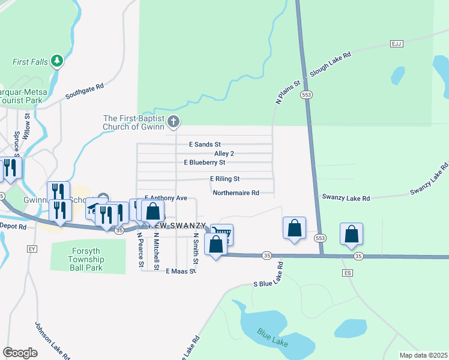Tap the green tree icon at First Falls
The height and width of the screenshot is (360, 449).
[x=57, y=60]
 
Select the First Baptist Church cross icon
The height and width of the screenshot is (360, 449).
[x=173, y=122]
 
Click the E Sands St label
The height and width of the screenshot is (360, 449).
[x=205, y=145]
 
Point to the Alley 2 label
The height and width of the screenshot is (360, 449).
[x=224, y=154]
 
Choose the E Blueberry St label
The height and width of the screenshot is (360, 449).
[x=205, y=163]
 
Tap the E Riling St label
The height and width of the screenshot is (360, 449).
[x=224, y=179]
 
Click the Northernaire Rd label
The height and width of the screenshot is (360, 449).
[x=236, y=193]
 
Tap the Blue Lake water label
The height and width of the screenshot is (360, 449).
[x=273, y=337]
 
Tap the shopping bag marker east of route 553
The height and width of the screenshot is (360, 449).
[x=351, y=234]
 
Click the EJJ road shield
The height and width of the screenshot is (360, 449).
[x=396, y=44]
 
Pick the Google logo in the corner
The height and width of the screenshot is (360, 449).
[x=20, y=352]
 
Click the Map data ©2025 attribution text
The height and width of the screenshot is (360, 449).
[x=423, y=355]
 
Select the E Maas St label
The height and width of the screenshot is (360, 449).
[x=181, y=271]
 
